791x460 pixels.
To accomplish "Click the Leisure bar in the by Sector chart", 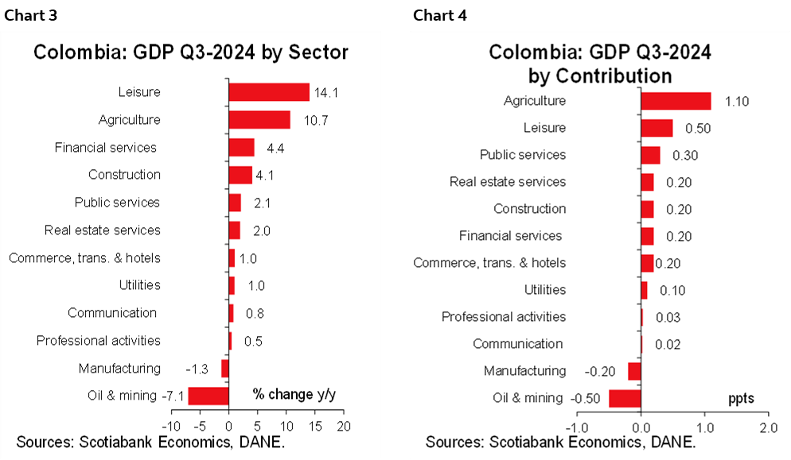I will tap(268, 92).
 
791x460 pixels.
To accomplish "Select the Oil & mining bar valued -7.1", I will tap(208, 396).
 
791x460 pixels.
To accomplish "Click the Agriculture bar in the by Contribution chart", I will tap(675, 101).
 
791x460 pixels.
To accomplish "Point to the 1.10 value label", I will tap(736, 101).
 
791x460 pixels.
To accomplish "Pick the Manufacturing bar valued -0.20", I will tap(634, 371).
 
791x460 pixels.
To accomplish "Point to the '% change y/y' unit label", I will tap(294, 394).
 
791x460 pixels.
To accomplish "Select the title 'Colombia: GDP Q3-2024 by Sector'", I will tap(190, 52).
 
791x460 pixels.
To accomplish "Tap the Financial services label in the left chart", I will tap(105, 148).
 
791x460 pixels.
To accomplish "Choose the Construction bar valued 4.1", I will tap(240, 175).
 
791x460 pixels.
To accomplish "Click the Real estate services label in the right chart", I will tap(508, 182).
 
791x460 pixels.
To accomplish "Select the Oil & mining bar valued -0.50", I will tap(625, 398).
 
